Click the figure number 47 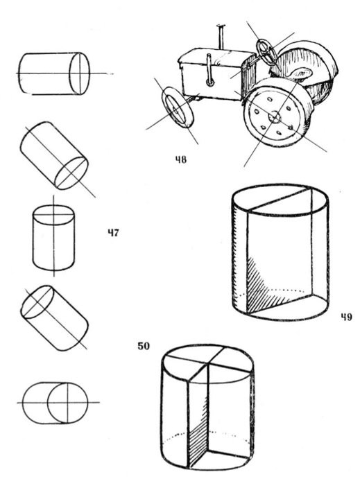click(x=113, y=233)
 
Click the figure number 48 click(x=180, y=159)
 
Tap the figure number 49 click(x=346, y=317)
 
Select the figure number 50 click(x=144, y=346)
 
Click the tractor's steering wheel click(x=268, y=52)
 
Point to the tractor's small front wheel click(x=178, y=107)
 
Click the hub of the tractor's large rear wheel click(x=275, y=117)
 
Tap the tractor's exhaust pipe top click(x=221, y=26)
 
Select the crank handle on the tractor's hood click(x=209, y=70)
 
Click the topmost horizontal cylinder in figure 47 click(x=54, y=73)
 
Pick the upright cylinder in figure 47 click(x=53, y=238)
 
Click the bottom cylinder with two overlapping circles click(x=55, y=403)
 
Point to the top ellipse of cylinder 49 click(x=280, y=200)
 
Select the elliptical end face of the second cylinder click(x=71, y=173)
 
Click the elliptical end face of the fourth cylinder click(x=37, y=302)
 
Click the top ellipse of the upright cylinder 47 click(x=53, y=215)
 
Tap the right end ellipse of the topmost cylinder click(x=80, y=73)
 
